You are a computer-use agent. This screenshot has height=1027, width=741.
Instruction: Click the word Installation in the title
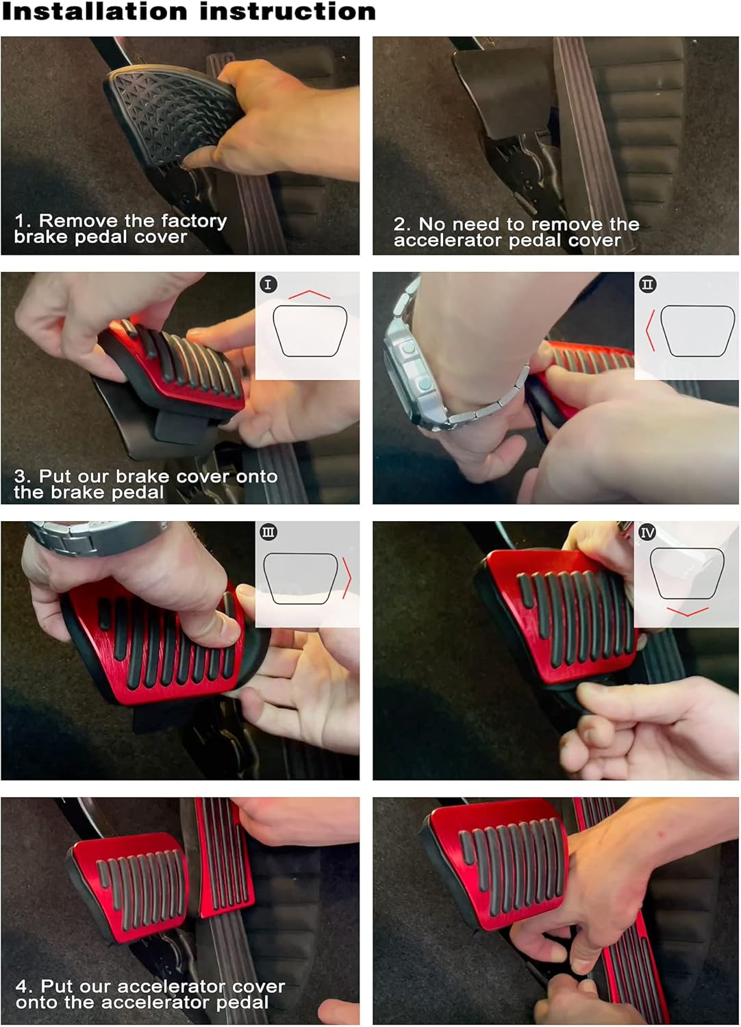click(x=95, y=11)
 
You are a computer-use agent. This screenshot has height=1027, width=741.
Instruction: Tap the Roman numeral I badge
click(x=268, y=285)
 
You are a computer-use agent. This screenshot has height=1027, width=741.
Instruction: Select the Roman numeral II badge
click(x=647, y=285)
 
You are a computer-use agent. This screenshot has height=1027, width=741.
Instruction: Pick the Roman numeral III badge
click(x=268, y=532)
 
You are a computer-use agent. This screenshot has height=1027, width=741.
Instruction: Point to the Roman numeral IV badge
click(x=647, y=532)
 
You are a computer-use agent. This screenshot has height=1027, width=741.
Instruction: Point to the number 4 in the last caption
click(x=22, y=986)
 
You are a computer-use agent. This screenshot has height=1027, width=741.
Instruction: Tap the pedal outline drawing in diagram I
click(x=310, y=331)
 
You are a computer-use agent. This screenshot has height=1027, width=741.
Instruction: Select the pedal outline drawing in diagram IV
click(x=687, y=573)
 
